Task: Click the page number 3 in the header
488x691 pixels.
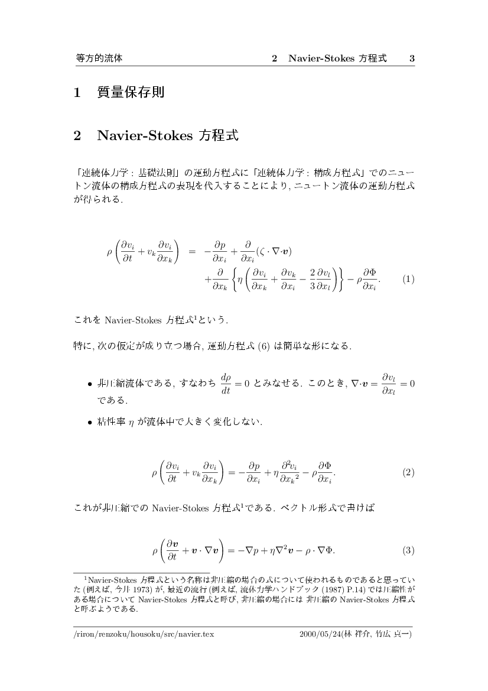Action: point(412,59)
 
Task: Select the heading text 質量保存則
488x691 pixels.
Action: point(131,92)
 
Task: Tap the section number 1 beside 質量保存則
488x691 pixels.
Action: point(77,92)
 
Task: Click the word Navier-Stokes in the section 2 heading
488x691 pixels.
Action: point(145,135)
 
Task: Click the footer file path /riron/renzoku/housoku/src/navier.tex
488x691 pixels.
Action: point(143,634)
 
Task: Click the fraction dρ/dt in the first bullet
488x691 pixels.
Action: point(225,384)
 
